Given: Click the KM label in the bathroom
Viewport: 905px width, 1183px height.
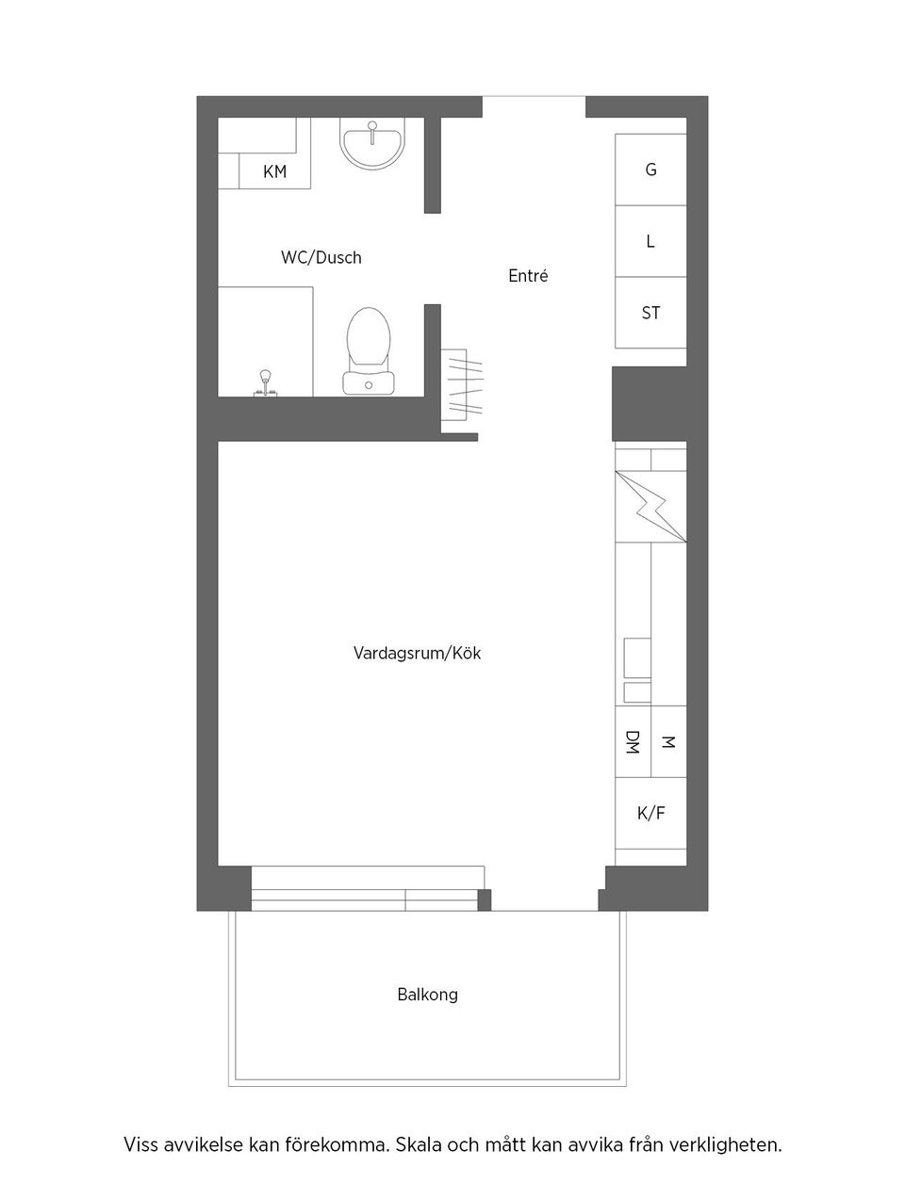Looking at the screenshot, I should [274, 171].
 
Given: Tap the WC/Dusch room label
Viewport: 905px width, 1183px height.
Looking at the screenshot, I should [321, 257].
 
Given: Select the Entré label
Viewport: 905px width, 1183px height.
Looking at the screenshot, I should [528, 276].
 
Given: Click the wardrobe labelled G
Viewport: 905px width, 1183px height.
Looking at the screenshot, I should [650, 170].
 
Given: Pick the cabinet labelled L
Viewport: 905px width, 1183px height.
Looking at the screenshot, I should [650, 241].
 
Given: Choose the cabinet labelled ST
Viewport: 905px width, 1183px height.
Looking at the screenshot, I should [650, 313].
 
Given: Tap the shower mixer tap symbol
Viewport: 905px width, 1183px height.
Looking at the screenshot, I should [265, 382].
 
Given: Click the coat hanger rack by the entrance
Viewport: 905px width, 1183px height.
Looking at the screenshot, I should [459, 383].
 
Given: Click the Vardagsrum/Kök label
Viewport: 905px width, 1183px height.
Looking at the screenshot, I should [417, 653].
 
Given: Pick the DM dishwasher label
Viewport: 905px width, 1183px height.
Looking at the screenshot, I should [633, 742].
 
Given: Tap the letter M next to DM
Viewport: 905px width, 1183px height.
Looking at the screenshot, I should [668, 742].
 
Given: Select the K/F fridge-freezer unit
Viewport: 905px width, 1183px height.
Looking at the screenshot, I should [650, 813].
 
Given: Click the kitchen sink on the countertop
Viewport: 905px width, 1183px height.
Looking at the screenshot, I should [637, 669].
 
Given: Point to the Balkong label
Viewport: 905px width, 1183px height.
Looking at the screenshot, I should [427, 995].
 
